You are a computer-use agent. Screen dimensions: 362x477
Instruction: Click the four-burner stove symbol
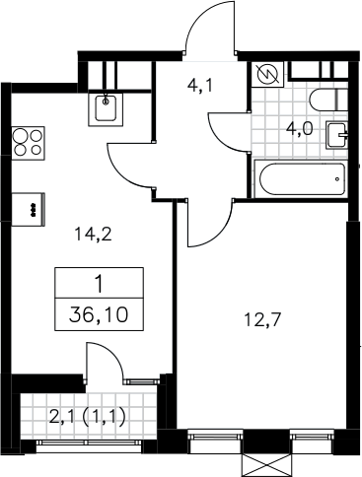(29, 144)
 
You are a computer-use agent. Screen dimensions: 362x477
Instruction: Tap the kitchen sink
(106, 109)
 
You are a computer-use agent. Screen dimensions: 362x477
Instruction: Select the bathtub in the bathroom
(302, 179)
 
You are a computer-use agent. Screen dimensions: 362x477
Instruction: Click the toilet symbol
(328, 100)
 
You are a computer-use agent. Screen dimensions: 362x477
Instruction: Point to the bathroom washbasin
(337, 135)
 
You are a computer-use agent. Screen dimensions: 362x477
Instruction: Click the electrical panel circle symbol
(266, 74)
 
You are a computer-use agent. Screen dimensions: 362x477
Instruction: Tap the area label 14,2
(94, 235)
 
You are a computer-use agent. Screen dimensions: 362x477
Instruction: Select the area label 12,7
(262, 319)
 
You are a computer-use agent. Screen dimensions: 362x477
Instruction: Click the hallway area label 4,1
(200, 86)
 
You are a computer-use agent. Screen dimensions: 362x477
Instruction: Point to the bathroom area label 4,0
(299, 129)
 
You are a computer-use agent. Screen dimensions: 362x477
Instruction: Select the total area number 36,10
(99, 315)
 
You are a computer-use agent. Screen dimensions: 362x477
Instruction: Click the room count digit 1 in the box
(99, 284)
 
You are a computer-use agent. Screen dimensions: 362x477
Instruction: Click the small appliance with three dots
(29, 209)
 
